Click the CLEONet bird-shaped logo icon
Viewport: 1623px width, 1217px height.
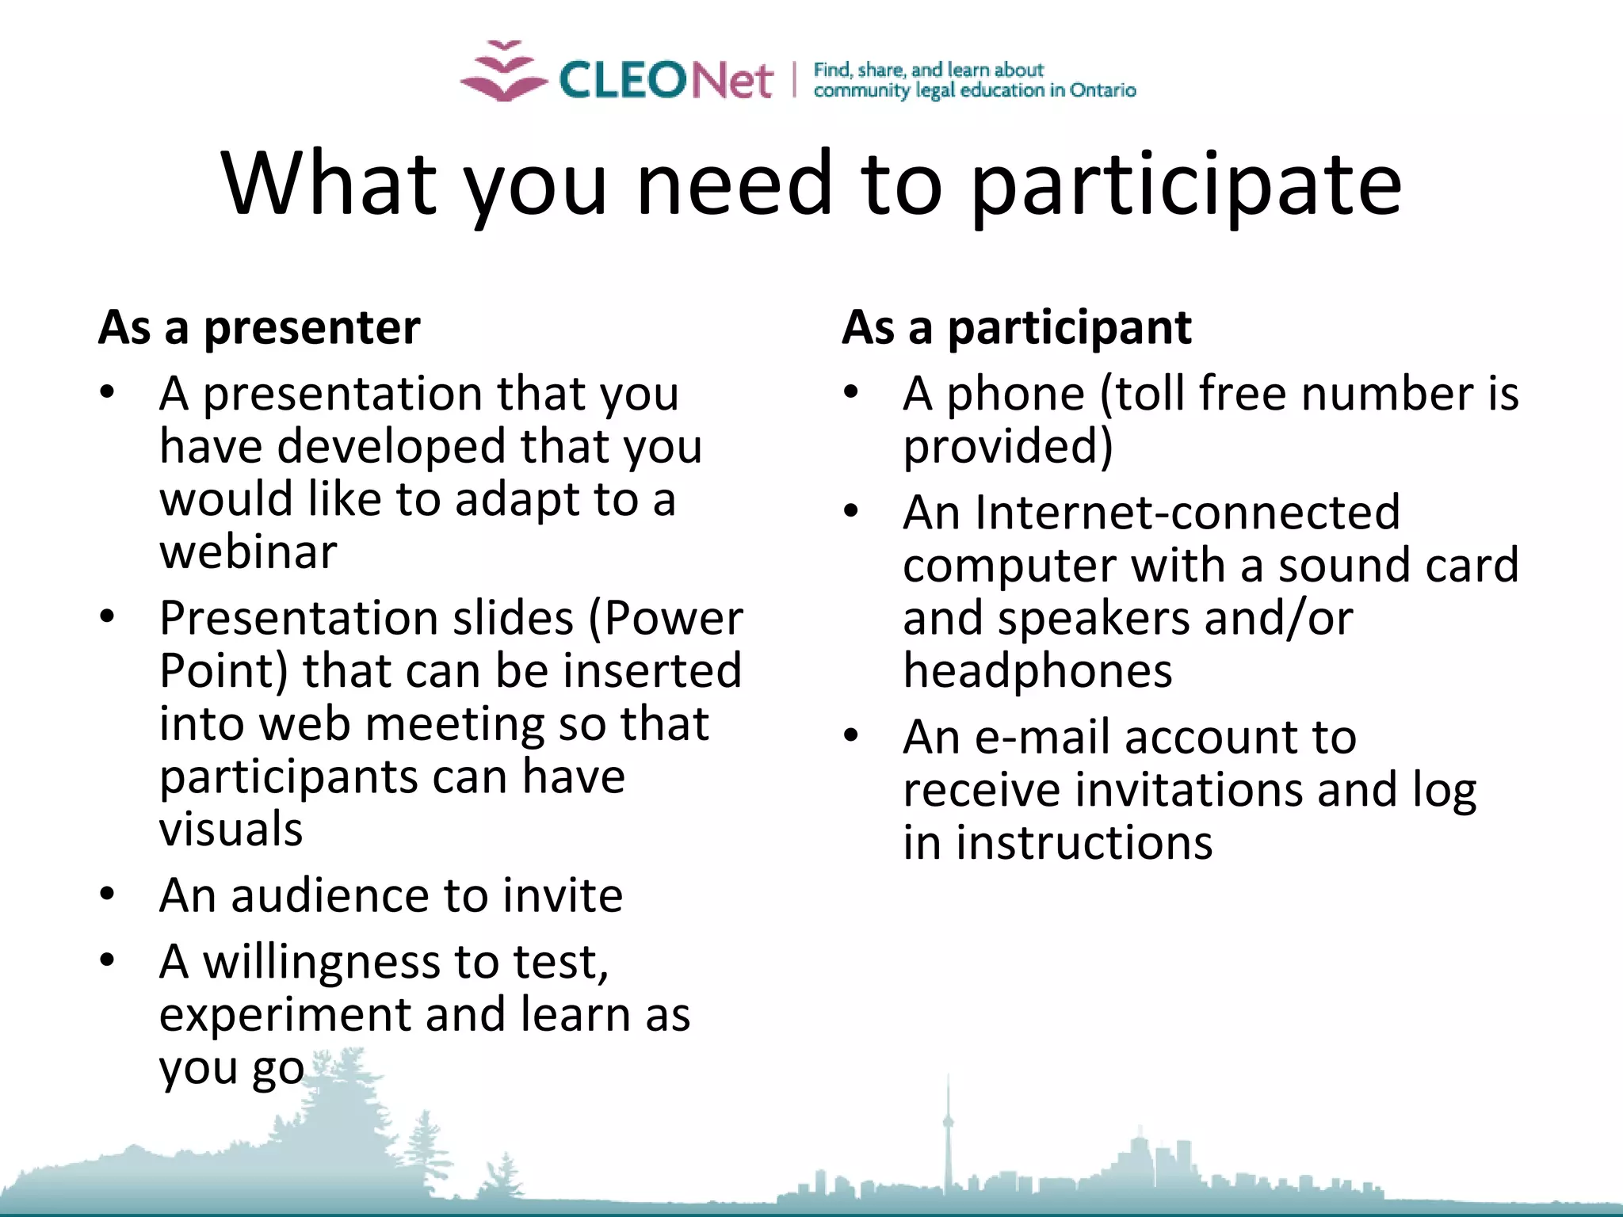pyautogui.click(x=504, y=73)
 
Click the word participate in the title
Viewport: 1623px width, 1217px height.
pyautogui.click(x=1186, y=185)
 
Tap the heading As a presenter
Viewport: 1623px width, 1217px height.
pyautogui.click(x=259, y=328)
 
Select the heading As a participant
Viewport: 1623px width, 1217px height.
pyautogui.click(x=1016, y=328)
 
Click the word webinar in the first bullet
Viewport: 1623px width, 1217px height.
pyautogui.click(x=248, y=552)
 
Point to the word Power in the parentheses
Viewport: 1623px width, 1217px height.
pyautogui.click(x=674, y=619)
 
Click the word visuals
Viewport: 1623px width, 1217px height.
pyautogui.click(x=231, y=830)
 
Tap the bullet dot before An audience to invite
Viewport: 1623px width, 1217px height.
pyautogui.click(x=108, y=895)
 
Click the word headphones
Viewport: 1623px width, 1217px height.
pyautogui.click(x=1037, y=672)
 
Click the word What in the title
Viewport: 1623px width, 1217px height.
pyautogui.click(x=328, y=185)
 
